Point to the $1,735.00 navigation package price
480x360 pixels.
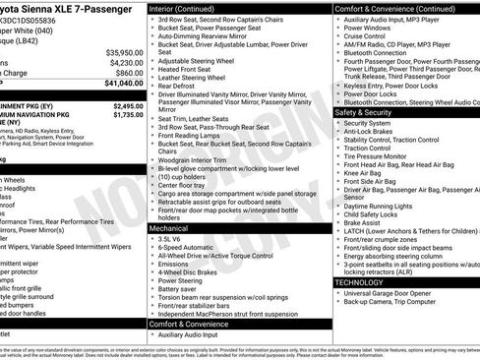coord(127,115)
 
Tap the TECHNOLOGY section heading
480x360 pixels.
coord(359,281)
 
